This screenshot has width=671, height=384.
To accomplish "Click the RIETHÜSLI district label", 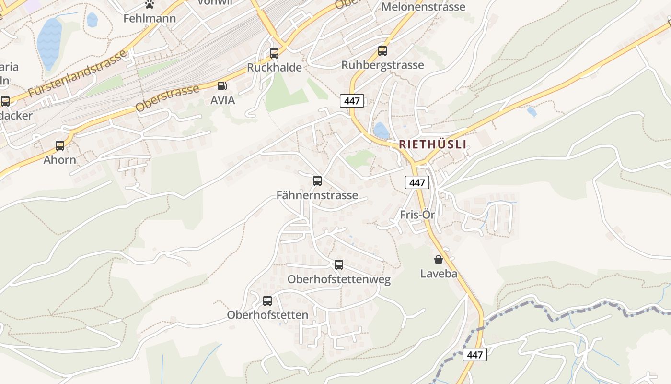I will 432,144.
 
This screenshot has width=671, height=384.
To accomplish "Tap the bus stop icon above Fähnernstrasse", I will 317,181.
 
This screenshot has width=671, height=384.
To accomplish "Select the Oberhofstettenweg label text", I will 339,279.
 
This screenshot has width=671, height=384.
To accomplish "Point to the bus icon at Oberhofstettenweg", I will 339,265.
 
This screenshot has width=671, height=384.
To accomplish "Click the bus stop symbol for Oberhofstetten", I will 267,301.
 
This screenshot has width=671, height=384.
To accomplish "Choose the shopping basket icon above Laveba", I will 439,260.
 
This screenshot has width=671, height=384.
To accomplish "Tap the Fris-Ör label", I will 417,215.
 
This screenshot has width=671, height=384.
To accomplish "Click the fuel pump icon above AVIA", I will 222,86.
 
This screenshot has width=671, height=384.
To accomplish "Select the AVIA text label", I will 223,100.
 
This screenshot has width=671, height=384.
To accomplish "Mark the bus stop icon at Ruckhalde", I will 274,53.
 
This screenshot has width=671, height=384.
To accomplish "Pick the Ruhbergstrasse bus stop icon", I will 382,51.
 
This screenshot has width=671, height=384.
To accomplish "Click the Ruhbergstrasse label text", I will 382,65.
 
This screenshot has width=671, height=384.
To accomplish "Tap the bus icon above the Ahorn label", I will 60,145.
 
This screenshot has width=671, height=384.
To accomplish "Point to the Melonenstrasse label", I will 423,7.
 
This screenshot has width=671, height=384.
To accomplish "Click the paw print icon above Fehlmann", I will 150,5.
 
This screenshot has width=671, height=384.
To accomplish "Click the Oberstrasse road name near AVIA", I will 167,98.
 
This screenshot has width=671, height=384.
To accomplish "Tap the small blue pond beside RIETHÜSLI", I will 381,130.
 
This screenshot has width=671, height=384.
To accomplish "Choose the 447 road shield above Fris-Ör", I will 417,182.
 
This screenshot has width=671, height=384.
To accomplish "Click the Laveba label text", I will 439,274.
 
